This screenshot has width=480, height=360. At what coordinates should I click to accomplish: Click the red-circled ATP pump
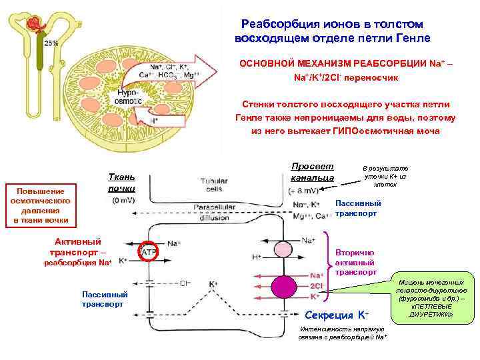coord(148,251)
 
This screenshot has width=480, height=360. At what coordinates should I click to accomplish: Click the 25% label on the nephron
coord(51,43)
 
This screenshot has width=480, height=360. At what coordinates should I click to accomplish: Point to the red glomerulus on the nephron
coord(33,26)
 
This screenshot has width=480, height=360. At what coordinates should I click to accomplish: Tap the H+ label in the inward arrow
coord(154,121)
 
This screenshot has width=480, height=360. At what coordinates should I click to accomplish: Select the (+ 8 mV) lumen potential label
coord(305,191)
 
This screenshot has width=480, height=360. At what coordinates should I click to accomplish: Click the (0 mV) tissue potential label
coord(126,200)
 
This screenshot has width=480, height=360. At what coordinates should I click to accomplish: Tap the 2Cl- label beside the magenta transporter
coord(317,285)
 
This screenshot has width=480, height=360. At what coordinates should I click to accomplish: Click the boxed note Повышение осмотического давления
coord(43,205)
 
